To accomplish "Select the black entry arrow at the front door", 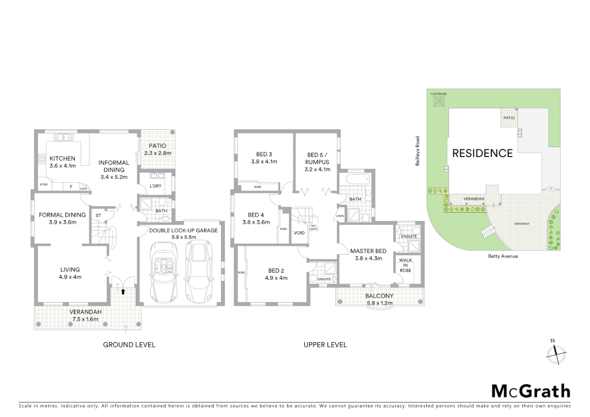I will coord(123,292).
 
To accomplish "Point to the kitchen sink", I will coord(63,137).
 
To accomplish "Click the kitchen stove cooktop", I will coord(42,159).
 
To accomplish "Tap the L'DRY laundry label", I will coord(155,186).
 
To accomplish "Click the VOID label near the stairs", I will coord(299,233).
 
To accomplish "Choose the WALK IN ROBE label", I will coord(405,265).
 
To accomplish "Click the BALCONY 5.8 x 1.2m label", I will coord(379,299).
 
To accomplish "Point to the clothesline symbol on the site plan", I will coord(439,101).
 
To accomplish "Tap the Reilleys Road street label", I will coord(417,151).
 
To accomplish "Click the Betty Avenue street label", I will coord(503,256).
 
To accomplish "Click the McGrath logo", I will coord(531,391).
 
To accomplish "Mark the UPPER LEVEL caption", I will coord(325,345).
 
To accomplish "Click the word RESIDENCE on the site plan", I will coord(482,153).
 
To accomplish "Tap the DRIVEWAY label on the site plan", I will coord(522,224).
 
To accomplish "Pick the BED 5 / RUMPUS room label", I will coord(318,162).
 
